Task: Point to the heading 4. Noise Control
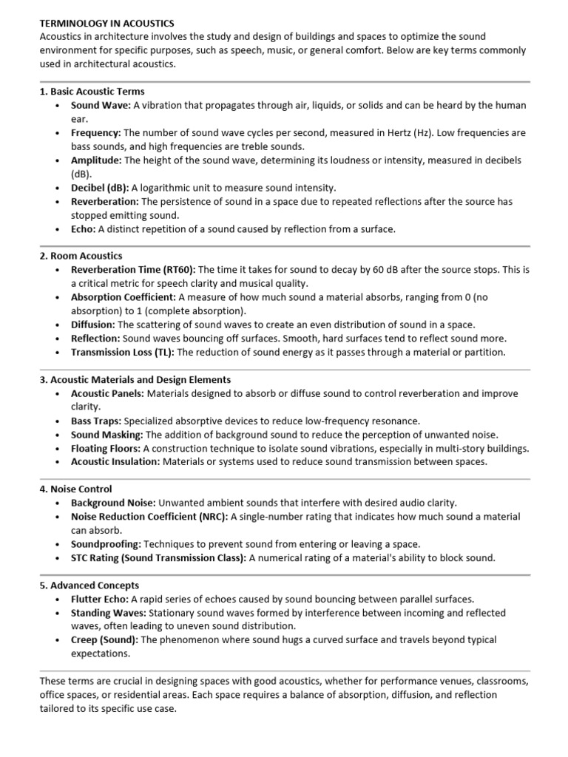pyautogui.click(x=75, y=489)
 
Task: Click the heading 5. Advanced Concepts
pyautogui.click(x=89, y=585)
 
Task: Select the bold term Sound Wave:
pyautogui.click(x=101, y=105)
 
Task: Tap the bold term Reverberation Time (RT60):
pyautogui.click(x=133, y=269)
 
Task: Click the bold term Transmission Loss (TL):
pyautogui.click(x=122, y=352)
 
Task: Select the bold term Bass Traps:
pyautogui.click(x=95, y=421)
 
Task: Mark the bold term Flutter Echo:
pyautogui.click(x=100, y=599)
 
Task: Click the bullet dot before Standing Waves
pyautogui.click(x=58, y=614)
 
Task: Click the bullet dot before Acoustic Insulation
pyautogui.click(x=58, y=462)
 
